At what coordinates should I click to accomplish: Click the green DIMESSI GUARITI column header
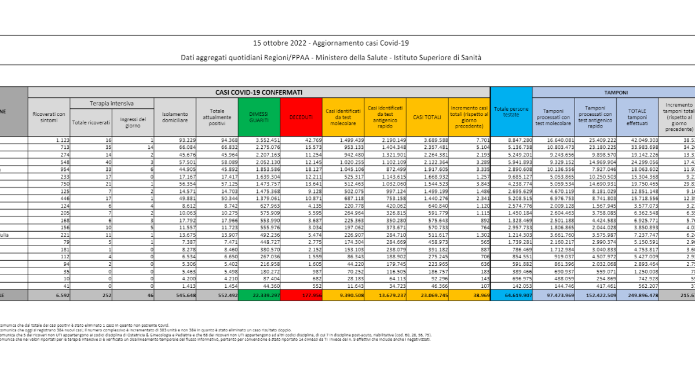tap(259, 116)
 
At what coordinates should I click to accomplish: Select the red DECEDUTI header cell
tap(301, 116)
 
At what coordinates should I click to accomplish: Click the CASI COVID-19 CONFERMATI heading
tap(259, 92)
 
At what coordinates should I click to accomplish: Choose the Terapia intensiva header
tap(112, 103)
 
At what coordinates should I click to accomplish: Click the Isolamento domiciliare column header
tap(175, 116)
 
